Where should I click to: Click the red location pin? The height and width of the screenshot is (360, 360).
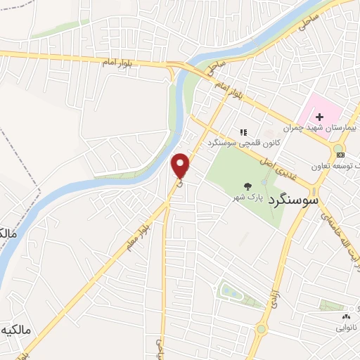point(181,164)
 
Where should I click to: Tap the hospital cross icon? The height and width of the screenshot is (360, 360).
point(319,116)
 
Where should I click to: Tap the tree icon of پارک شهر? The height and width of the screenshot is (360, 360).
point(248,186)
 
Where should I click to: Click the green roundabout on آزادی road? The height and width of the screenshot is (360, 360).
point(261,328)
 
